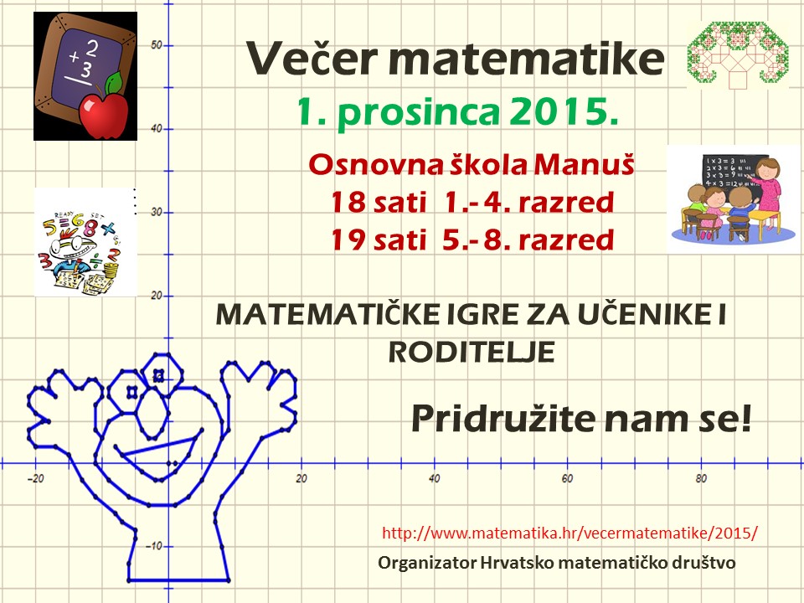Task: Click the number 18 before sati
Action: click(348, 202)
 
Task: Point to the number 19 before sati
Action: click(348, 240)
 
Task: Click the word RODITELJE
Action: click(472, 353)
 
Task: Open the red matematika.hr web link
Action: click(569, 533)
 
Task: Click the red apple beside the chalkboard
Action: click(103, 116)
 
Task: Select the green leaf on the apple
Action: click(114, 83)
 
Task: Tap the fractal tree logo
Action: click(738, 54)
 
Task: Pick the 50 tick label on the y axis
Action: click(157, 45)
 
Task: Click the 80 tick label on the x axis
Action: click(701, 478)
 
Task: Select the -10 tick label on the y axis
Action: click(154, 546)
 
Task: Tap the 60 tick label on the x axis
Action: click(567, 478)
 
